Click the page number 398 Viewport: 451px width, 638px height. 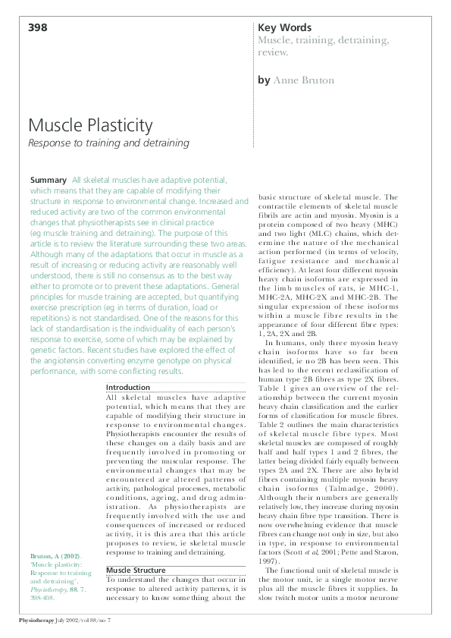point(38,28)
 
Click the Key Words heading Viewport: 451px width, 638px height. point(284,28)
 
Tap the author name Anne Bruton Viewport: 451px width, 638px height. point(303,80)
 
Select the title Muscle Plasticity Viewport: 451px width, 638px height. point(90,125)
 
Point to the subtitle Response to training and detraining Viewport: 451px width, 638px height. point(108,143)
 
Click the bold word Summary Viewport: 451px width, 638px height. point(48,180)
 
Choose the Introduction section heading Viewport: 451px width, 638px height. point(128,388)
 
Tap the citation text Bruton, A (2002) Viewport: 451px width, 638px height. point(55,556)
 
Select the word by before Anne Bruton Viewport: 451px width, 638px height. point(264,80)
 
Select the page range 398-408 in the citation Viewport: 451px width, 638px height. point(43,597)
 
